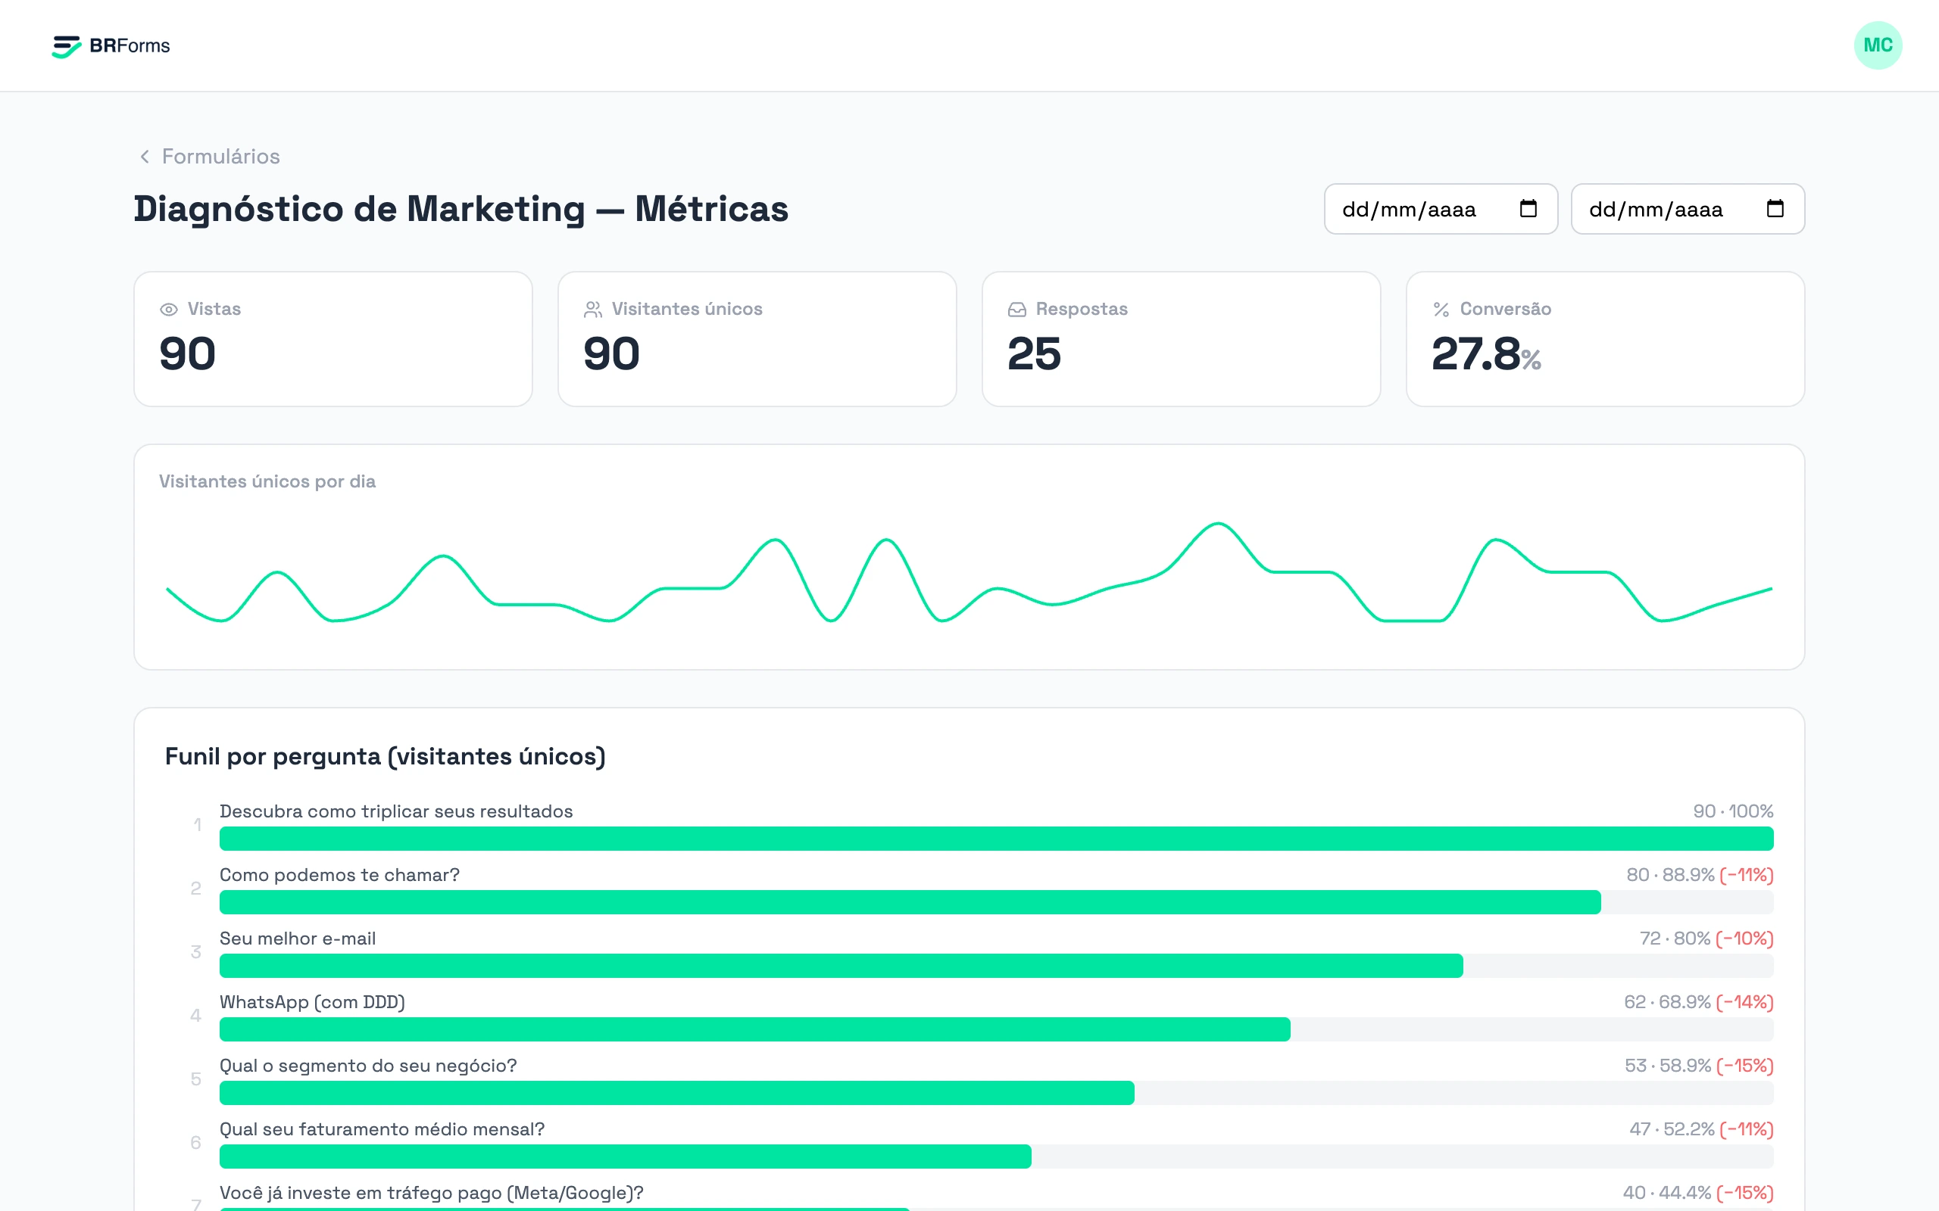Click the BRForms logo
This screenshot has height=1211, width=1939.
pos(111,45)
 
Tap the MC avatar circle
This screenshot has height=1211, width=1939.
pos(1878,45)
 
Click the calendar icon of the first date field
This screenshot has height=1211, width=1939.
pos(1528,209)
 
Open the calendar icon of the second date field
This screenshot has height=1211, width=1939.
pos(1775,209)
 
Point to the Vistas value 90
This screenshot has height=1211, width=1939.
pos(188,354)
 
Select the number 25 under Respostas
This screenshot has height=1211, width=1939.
pos(1035,354)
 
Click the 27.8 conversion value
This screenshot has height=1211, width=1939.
pos(1475,354)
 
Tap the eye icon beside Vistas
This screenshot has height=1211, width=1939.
pos(168,309)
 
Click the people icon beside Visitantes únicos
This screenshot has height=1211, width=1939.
pos(593,309)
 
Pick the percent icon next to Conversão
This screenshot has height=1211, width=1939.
pos(1441,309)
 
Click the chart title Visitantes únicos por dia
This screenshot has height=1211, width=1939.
pos(267,481)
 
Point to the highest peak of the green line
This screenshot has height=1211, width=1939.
pos(1218,524)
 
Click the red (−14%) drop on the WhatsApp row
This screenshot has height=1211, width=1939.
pos(1744,1002)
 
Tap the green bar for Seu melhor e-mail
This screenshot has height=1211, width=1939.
pos(841,966)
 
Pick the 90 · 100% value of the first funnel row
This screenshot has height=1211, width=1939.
pos(1733,811)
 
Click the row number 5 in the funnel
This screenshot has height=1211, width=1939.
pos(195,1079)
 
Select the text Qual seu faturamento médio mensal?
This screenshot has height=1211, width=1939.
pos(382,1129)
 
